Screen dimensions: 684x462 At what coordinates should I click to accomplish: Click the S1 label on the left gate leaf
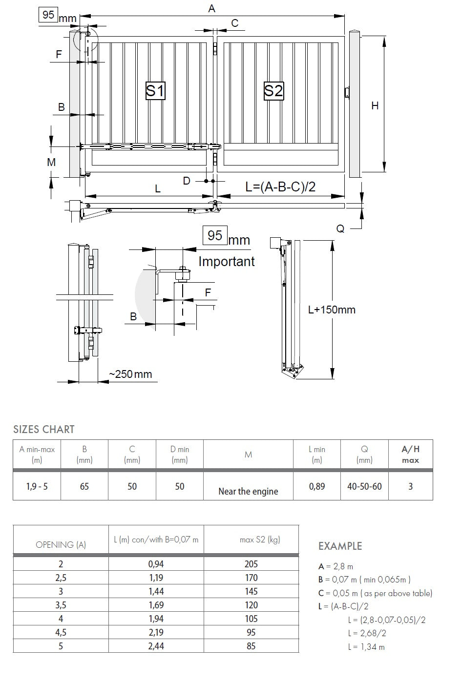tap(155, 91)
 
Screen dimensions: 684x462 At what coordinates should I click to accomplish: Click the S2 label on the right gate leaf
tap(273, 91)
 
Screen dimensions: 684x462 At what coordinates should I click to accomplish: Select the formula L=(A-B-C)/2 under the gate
tap(280, 187)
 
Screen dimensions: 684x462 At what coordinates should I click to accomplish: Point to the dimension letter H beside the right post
tap(375, 105)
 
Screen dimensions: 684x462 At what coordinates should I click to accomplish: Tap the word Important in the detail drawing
tap(227, 262)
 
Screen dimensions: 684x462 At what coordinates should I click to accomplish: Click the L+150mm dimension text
tap(332, 310)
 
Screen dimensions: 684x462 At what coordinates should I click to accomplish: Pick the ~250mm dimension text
tap(130, 374)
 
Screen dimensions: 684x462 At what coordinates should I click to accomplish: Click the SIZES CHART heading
tap(44, 430)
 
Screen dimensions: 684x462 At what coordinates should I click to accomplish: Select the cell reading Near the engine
tap(248, 491)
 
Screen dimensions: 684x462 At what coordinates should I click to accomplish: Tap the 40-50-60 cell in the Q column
tap(364, 486)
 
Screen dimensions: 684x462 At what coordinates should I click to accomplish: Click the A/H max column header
tap(410, 454)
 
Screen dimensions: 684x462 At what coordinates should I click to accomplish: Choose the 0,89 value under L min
tap(317, 486)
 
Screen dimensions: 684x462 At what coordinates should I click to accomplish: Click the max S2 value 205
tap(251, 564)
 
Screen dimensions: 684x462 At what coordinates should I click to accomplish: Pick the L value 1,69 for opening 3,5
tap(156, 605)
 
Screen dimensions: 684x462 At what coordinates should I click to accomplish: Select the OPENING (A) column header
tap(61, 544)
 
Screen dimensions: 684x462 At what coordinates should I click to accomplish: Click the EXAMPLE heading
tap(340, 546)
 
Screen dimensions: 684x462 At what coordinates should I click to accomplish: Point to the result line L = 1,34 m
tap(366, 647)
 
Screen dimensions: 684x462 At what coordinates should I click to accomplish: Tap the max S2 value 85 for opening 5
tap(251, 646)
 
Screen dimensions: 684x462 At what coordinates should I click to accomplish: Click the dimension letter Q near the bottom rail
tap(340, 228)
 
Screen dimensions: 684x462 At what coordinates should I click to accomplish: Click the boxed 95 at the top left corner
tap(48, 15)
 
